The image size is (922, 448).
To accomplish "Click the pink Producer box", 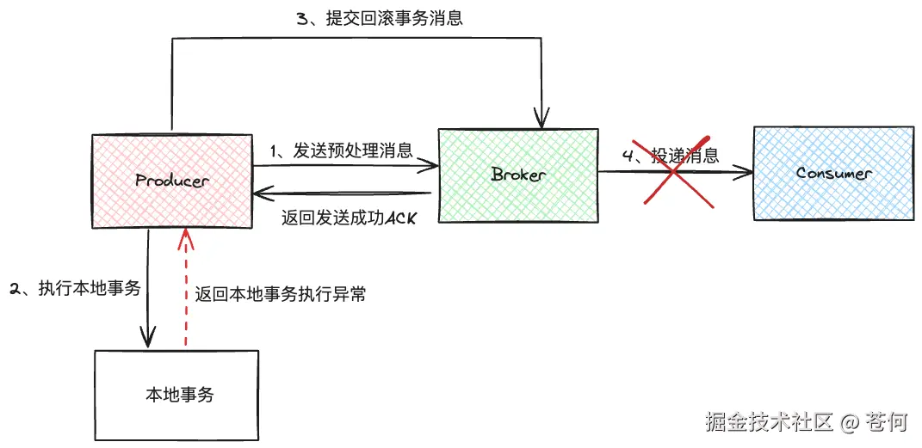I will pos(173,202).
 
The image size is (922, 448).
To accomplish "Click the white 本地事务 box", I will pos(176,395).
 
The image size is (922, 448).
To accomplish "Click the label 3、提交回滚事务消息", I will pos(380,18).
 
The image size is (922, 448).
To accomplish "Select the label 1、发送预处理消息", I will pos(342,150).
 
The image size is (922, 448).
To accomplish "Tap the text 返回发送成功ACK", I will pos(349,218).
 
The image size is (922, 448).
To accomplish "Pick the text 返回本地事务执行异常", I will pos(281,294).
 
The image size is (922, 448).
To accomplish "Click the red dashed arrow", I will pos(183,292).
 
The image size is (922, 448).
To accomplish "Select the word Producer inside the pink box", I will pos(172,181).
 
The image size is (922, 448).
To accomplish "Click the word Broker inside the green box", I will pos(518,175).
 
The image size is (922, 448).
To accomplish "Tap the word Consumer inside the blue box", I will pos(833,173).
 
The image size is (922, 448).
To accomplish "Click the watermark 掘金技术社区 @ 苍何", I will pos(807,421).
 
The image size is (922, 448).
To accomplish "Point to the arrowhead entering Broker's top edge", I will pos(541,121).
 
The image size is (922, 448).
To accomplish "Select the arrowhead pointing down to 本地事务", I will pos(149,338).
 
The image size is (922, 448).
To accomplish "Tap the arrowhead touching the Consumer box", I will pos(746,173).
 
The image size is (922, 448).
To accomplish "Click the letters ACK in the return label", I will pos(400,218).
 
